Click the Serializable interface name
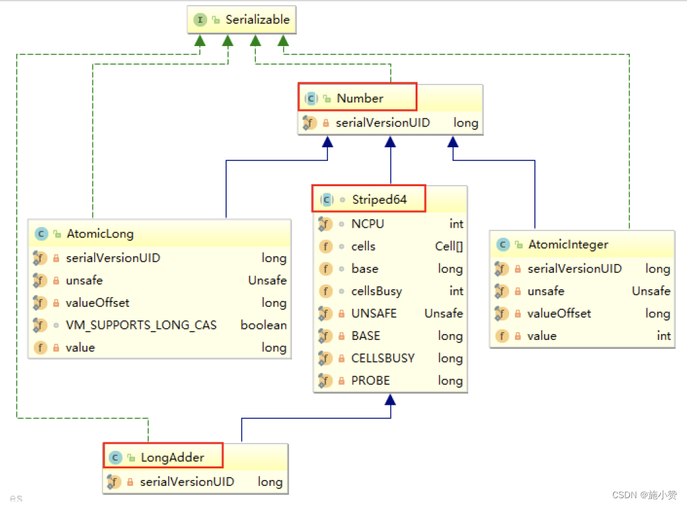coord(257,20)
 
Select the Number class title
coord(360,99)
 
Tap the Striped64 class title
coord(379,200)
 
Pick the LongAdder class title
coord(172,457)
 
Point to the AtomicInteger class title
coord(568,245)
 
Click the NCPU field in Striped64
coord(368,224)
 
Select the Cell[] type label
coord(449,247)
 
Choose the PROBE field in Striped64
coord(370,381)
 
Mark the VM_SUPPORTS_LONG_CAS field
coord(141,325)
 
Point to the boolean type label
coord(264,325)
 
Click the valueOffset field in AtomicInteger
coord(559,313)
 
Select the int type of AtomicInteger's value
coord(663,336)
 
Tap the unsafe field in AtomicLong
coord(84,280)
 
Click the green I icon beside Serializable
coord(200,20)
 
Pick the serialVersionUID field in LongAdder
coord(187,482)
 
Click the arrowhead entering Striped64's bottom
coord(390,399)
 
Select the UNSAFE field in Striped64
coord(373,313)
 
